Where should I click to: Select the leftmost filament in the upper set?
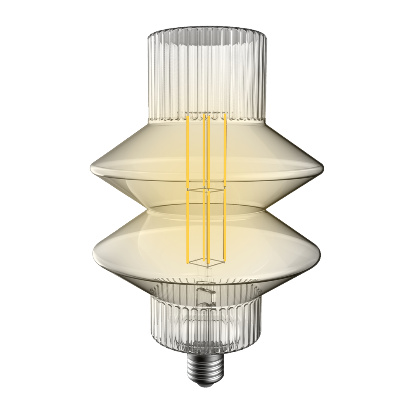click(x=188, y=151)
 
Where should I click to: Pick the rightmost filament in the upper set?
click(x=225, y=151)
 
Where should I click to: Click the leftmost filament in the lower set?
click(x=188, y=227)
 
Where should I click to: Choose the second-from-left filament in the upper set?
click(x=204, y=151)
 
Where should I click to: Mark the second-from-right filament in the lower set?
click(x=209, y=227)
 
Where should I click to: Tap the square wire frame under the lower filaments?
click(x=206, y=261)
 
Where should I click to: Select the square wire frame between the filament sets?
click(x=206, y=190)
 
